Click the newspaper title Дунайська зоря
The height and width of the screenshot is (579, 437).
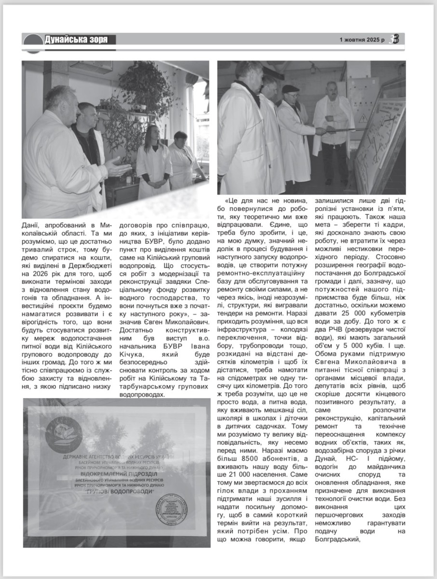(76, 40)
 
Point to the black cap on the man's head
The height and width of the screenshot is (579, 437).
(290, 88)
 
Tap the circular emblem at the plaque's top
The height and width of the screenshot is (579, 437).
(65, 431)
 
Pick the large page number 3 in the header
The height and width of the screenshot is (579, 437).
(396, 40)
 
